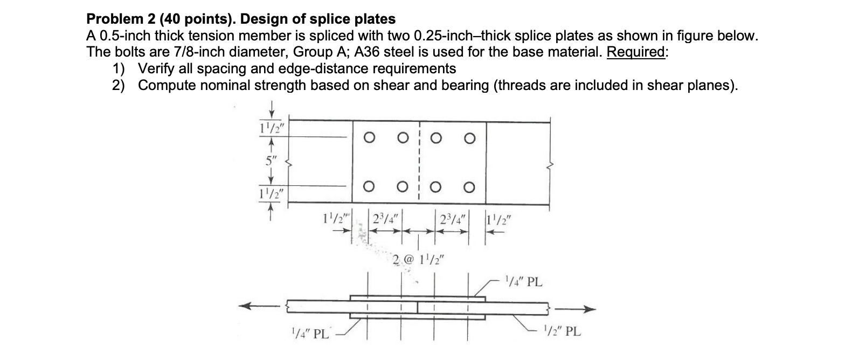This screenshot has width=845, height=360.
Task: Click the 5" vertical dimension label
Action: pyautogui.click(x=270, y=160)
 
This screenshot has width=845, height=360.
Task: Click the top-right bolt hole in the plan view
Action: pyautogui.click(x=470, y=139)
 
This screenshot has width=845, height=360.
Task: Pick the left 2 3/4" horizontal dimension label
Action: pyautogui.click(x=385, y=220)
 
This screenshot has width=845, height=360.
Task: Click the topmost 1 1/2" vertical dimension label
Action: pyautogui.click(x=271, y=130)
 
